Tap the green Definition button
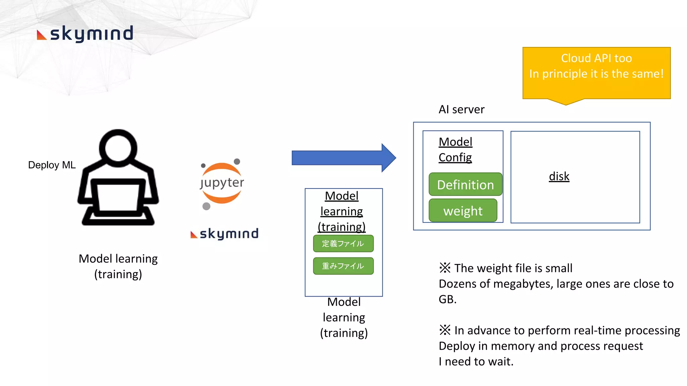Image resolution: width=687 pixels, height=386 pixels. click(x=465, y=185)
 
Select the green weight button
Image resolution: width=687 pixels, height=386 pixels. click(x=463, y=211)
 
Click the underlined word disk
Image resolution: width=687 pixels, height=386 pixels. click(x=559, y=176)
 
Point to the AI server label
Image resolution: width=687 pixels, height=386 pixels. click(x=461, y=110)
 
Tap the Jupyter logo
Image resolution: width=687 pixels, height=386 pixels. click(x=222, y=183)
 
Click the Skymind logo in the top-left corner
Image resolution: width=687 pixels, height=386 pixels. click(x=85, y=34)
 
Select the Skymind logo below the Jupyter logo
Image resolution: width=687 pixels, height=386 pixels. click(x=224, y=234)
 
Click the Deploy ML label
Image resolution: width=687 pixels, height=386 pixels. click(x=52, y=165)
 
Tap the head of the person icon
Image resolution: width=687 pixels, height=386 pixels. click(x=118, y=148)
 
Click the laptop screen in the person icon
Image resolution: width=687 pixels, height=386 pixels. click(x=118, y=197)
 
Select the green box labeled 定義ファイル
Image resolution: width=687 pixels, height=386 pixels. click(x=343, y=244)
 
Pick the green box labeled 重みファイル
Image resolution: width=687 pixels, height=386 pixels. click(x=343, y=266)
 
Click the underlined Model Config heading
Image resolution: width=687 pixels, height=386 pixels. click(x=455, y=150)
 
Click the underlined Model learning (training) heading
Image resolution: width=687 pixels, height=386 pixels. click(x=341, y=211)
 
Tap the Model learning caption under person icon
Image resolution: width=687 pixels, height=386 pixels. click(x=118, y=266)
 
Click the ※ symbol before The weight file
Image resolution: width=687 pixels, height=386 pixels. click(x=445, y=268)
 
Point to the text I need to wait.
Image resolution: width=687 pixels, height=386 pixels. click(x=476, y=362)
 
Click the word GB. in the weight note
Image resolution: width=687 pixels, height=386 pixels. click(x=447, y=299)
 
